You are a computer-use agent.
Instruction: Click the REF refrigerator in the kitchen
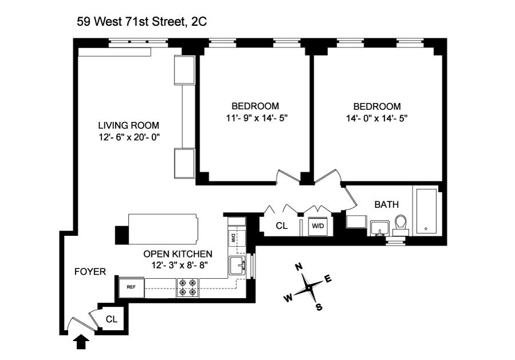pos(132,287)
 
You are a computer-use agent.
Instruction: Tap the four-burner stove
pos(188,288)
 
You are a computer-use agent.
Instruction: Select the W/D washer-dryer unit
pos(318,226)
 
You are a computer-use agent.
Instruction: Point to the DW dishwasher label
pos(233,238)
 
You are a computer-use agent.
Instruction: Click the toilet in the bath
pos(401,226)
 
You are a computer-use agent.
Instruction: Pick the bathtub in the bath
pos(426,211)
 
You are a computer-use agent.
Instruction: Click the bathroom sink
pos(380,228)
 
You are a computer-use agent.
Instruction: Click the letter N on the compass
pos(299,267)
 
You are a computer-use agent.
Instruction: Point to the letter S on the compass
pos(319,307)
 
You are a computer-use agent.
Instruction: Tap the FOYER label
pos(90,272)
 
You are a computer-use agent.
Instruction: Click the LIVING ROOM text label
pos(129,125)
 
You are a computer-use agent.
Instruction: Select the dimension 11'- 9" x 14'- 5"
pos(257,118)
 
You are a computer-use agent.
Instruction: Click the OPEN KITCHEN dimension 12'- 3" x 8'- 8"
pos(180,265)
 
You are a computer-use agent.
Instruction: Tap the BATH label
pos(387,204)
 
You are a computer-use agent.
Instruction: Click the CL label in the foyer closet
pos(112,319)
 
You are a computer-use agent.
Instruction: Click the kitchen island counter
pos(157,230)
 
